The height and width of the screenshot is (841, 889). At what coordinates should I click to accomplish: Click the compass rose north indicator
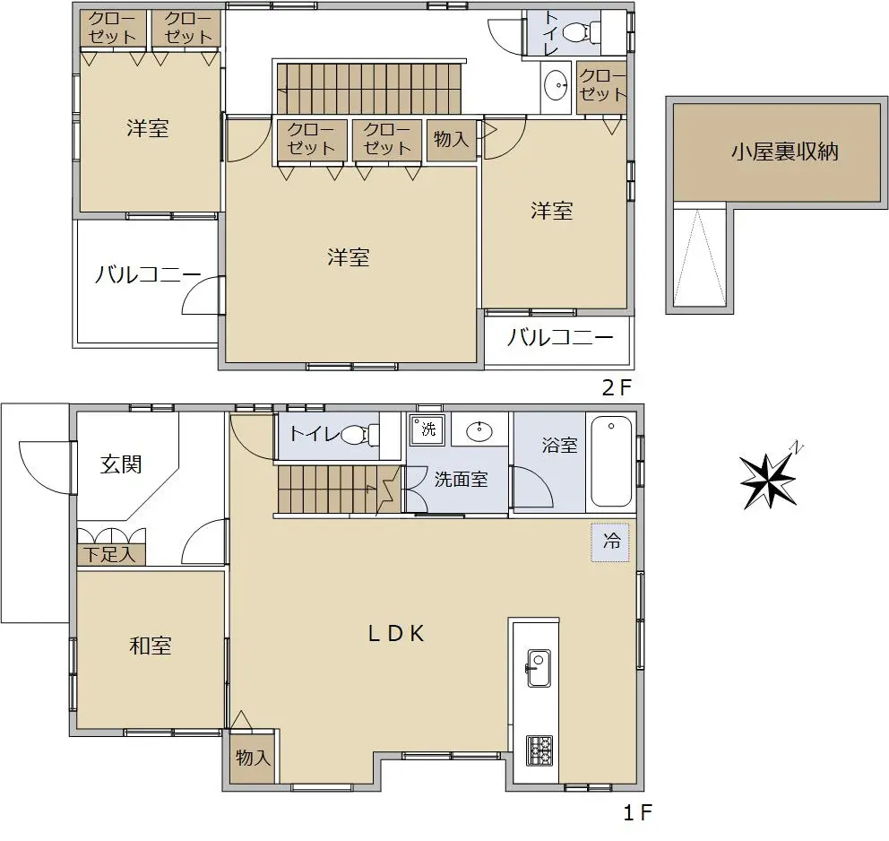(769, 480)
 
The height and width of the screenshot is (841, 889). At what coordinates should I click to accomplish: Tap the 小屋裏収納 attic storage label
(785, 152)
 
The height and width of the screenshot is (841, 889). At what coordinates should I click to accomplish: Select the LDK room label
(396, 633)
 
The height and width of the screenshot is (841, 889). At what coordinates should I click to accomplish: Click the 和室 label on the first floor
(151, 646)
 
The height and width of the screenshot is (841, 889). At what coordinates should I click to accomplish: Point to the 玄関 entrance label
(121, 464)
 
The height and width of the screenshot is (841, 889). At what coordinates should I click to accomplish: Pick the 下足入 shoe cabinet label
(109, 554)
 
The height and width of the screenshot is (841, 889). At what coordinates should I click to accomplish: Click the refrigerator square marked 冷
(610, 542)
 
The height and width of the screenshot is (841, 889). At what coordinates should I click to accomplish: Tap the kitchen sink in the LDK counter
(539, 668)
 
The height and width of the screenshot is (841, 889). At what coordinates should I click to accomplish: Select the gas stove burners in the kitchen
(539, 750)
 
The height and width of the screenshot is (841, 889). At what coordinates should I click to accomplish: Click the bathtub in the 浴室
(611, 461)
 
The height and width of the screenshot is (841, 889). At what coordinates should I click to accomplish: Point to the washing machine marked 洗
(427, 429)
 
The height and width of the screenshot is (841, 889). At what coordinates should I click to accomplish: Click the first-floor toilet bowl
(358, 435)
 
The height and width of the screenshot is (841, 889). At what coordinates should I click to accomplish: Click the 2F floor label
(617, 388)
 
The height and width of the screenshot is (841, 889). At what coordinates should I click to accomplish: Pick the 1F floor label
(638, 813)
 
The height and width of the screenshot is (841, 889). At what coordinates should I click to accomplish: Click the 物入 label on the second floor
(452, 138)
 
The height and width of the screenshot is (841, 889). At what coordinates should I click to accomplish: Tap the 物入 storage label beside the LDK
(253, 757)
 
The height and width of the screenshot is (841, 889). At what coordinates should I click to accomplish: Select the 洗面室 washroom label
(461, 480)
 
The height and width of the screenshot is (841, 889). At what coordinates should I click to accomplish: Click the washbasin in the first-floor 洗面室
(479, 431)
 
